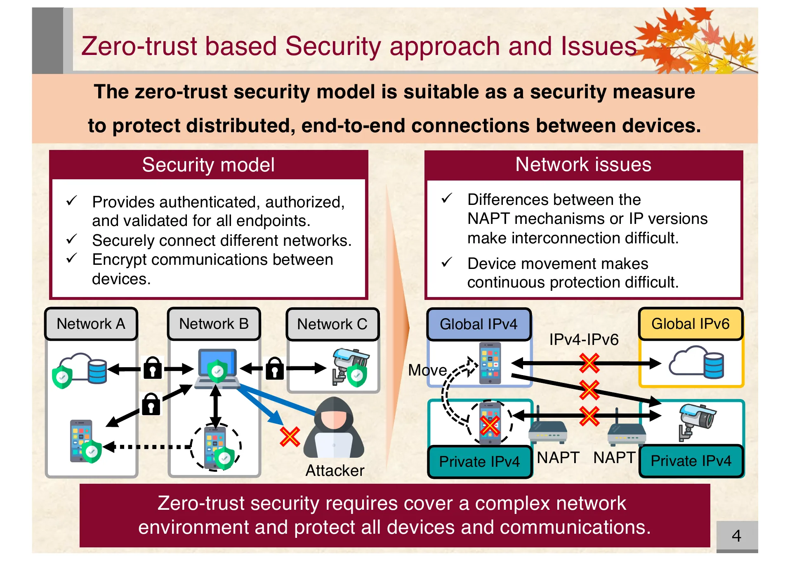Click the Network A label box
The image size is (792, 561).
click(x=91, y=324)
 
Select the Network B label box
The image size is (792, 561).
click(x=214, y=324)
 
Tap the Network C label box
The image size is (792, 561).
click(x=332, y=324)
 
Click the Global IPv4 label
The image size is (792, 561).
click(x=478, y=324)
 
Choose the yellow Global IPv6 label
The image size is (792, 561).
click(x=691, y=324)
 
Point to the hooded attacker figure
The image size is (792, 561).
click(x=334, y=427)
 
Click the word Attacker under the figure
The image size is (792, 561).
click(x=335, y=471)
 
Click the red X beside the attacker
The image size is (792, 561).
click(x=290, y=437)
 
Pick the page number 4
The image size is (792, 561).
click(x=736, y=536)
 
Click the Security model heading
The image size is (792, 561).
click(x=208, y=165)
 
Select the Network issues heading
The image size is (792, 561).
click(x=583, y=164)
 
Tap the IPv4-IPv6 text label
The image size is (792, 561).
click(x=584, y=340)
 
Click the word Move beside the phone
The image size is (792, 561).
click(x=427, y=370)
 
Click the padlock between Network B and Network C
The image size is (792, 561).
click(x=275, y=368)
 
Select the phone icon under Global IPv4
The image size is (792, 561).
click(x=490, y=363)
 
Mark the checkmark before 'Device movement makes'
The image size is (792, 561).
click(x=447, y=262)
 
